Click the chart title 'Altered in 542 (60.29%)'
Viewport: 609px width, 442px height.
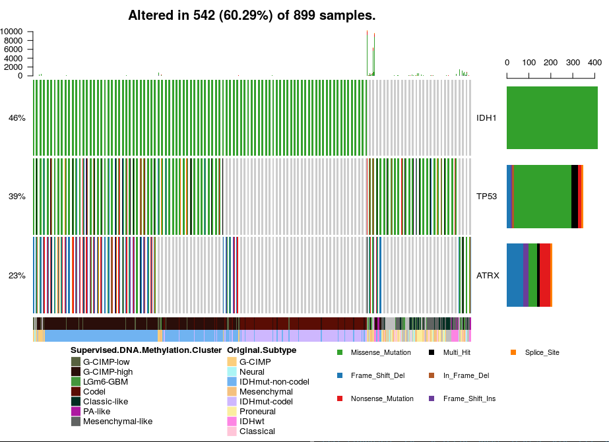point(251,15)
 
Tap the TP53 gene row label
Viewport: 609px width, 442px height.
point(487,197)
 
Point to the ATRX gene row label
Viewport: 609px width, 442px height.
point(488,275)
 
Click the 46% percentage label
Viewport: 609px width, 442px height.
point(17,118)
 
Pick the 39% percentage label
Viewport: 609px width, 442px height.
point(17,197)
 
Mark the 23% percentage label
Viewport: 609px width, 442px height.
point(17,275)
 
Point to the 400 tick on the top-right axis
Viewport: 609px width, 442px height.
point(594,63)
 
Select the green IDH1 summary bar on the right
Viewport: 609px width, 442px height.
point(552,118)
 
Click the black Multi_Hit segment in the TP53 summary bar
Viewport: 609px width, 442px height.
point(574,197)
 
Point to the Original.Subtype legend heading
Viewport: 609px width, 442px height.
point(261,350)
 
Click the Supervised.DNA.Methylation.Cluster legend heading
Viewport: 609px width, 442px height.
point(146,350)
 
